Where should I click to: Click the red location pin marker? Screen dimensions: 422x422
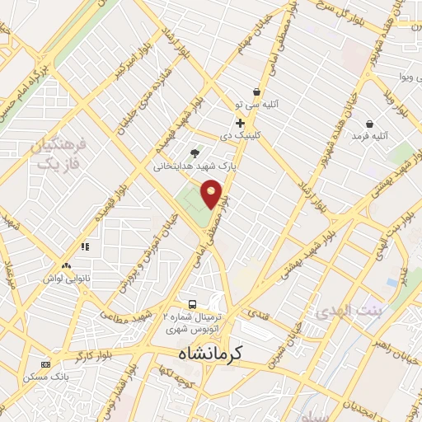(x=212, y=193)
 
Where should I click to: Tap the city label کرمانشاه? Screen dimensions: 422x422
(x=211, y=353)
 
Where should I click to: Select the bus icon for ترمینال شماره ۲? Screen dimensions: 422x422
(x=192, y=303)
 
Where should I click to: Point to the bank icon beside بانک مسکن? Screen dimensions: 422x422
(x=45, y=364)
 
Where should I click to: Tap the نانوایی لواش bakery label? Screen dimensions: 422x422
(x=66, y=281)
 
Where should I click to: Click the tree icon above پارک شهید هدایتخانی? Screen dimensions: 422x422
(x=195, y=152)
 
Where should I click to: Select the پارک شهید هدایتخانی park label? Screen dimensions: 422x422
(x=195, y=166)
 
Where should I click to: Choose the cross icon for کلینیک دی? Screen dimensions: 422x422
(x=240, y=123)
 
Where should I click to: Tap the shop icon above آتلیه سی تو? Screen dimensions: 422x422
(x=256, y=91)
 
